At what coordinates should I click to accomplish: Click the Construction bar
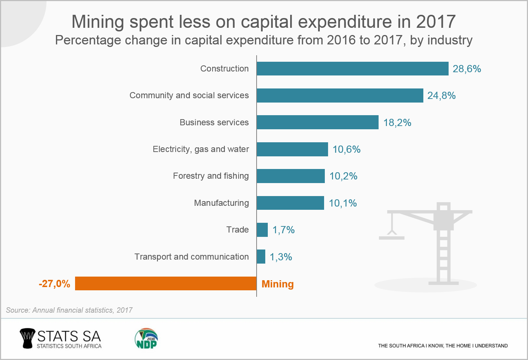click(352, 69)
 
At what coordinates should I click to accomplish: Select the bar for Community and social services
click(340, 96)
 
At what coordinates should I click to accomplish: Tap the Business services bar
click(317, 122)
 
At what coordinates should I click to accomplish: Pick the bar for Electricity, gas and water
click(292, 149)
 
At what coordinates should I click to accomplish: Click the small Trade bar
click(262, 230)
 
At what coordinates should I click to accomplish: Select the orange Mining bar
click(166, 283)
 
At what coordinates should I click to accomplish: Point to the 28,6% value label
click(467, 69)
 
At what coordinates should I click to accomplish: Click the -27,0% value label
click(54, 284)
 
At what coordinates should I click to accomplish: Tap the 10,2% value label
click(343, 176)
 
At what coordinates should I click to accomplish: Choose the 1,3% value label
click(281, 257)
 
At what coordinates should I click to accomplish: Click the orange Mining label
click(278, 284)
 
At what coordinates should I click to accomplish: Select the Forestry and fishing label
click(211, 176)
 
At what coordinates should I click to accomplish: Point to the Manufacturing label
click(221, 203)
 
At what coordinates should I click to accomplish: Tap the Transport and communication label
click(192, 257)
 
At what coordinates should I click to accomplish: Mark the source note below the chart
click(69, 310)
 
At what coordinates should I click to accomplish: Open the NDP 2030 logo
click(146, 339)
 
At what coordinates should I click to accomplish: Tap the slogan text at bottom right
click(443, 346)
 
